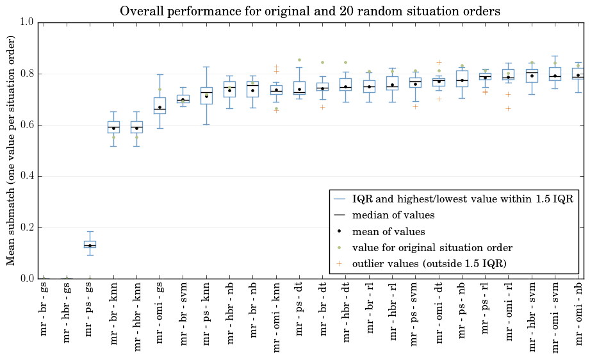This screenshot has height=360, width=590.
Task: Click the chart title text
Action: (x=310, y=11)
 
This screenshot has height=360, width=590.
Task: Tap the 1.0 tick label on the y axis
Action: (x=28, y=22)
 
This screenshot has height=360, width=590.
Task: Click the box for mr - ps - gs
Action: (x=90, y=244)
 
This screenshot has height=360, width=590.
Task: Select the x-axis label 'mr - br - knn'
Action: (x=113, y=314)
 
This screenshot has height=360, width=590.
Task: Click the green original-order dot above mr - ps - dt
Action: (x=300, y=60)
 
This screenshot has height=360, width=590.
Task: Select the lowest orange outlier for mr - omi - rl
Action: (x=509, y=109)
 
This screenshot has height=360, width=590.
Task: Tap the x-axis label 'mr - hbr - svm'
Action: (x=532, y=317)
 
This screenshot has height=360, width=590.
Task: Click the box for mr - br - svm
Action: (x=183, y=99)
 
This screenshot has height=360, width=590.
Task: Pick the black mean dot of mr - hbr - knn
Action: (x=137, y=129)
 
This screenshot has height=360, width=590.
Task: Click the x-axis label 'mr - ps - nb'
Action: (x=462, y=311)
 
